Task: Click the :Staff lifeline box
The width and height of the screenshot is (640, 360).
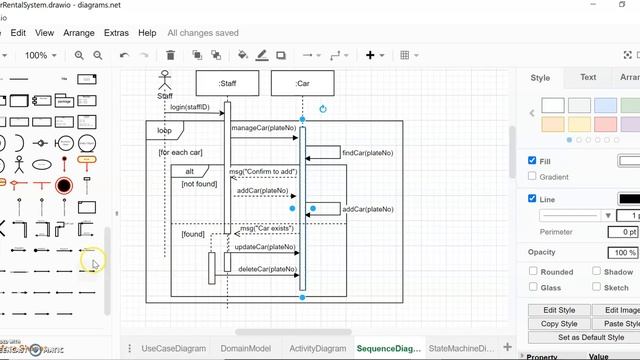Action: [x=227, y=83]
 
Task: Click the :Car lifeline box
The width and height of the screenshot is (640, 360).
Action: [x=302, y=83]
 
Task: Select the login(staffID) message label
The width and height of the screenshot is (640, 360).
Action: [x=190, y=107]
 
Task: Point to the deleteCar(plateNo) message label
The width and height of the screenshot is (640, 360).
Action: [x=266, y=269]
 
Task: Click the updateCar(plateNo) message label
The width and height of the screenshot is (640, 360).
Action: [x=266, y=246]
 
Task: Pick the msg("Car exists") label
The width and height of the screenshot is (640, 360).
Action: [x=268, y=228]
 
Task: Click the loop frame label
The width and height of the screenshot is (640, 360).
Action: [x=164, y=130]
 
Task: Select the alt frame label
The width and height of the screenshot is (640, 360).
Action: [x=190, y=172]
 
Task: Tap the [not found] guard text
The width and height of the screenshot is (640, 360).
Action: [x=199, y=184]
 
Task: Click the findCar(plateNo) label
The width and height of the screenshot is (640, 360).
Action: [x=367, y=153]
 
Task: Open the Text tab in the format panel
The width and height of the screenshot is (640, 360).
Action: [x=588, y=77]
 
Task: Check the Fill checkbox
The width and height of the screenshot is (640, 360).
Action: [x=532, y=160]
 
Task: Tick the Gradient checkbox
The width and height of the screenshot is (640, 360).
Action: [x=532, y=177]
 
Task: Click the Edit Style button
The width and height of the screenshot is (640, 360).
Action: [x=559, y=310]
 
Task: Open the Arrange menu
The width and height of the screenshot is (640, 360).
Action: [x=79, y=33]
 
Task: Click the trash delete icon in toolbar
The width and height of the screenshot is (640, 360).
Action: [x=170, y=55]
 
